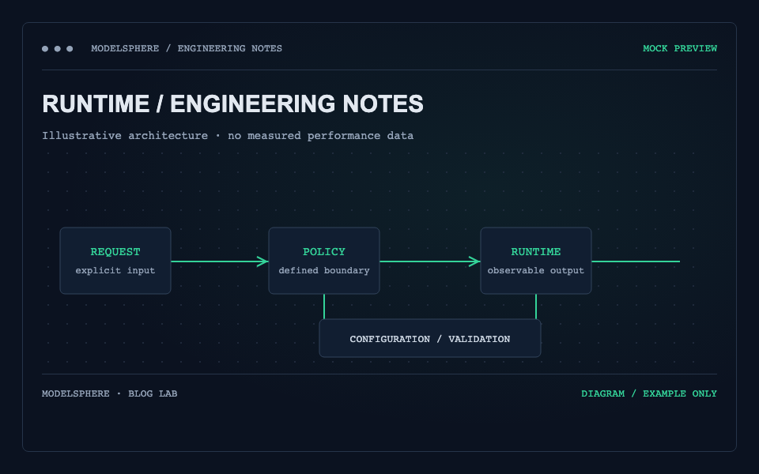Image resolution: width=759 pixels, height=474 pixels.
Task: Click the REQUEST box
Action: coord(115,261)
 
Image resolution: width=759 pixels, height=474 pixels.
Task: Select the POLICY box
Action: coord(324,261)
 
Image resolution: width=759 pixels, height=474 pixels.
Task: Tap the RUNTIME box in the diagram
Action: coord(536,261)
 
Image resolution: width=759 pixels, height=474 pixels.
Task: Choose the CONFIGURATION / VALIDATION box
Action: coord(430,338)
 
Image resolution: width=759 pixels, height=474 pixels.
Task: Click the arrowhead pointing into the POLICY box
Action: coord(262,261)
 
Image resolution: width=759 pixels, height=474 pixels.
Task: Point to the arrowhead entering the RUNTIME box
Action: coord(474,261)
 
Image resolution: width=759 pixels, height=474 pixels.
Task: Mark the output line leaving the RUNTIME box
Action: coord(636,261)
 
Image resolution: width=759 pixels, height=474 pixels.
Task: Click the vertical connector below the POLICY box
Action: coord(324,307)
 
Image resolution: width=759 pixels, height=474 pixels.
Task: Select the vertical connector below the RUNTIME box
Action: coord(536,307)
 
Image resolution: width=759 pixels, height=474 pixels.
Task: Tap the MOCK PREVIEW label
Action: coord(680,48)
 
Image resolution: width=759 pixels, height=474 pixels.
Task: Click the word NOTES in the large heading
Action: coord(383,104)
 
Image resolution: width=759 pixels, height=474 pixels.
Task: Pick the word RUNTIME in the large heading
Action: coord(96,104)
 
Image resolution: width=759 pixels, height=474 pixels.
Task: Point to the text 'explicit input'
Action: coord(115,270)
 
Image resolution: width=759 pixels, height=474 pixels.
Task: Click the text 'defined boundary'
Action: coord(324,270)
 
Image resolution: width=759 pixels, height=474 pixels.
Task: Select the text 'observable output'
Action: coord(536,270)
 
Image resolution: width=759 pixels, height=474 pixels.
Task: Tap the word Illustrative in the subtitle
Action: coord(81,135)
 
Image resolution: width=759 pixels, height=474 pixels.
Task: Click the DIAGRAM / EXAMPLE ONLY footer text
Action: coord(649,393)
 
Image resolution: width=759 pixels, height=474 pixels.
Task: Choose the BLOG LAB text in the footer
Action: coord(153,393)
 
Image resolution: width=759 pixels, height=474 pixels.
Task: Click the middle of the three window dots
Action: coord(58,48)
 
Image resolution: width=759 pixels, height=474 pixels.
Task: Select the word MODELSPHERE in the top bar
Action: coord(125,48)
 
